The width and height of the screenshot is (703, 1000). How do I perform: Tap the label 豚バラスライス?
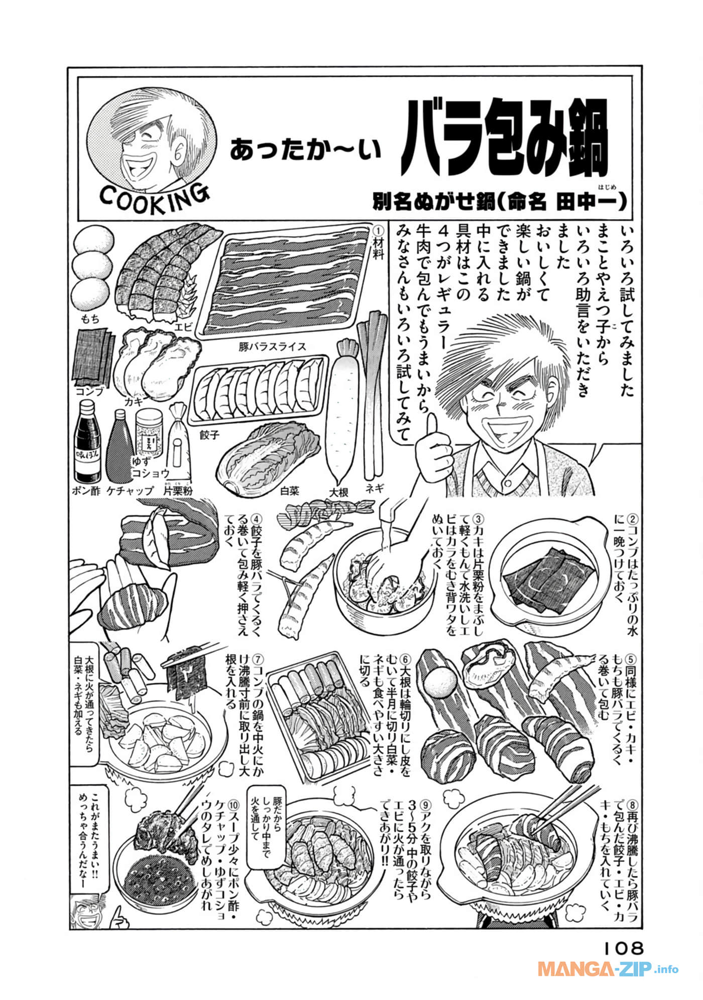(273, 347)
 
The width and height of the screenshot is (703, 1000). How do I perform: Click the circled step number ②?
(632, 517)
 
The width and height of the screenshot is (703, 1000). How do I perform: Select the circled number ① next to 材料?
(378, 230)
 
